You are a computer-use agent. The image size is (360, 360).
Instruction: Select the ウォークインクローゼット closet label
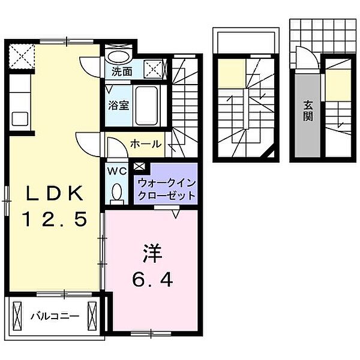pyautogui.click(x=166, y=188)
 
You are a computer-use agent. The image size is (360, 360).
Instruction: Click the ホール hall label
pyautogui.click(x=145, y=144)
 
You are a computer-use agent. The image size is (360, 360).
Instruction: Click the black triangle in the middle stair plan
pyautogui.click(x=273, y=155)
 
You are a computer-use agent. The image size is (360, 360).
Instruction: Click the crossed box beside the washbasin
pyautogui.click(x=154, y=70)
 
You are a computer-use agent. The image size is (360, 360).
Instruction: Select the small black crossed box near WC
pyautogui.click(x=140, y=167)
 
